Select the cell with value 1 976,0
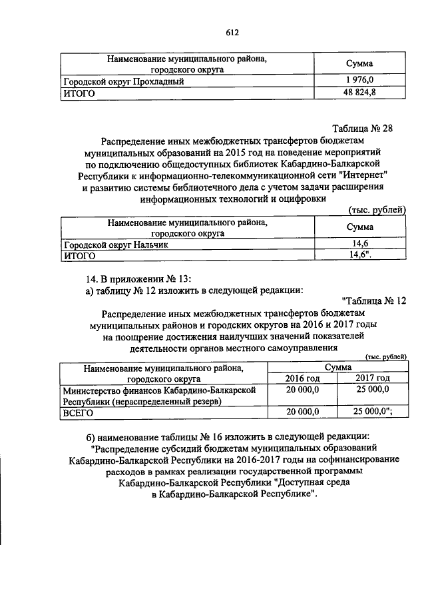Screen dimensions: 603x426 coord(359,81)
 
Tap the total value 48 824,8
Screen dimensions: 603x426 coord(359,93)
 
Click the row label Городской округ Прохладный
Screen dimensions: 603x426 coord(123,81)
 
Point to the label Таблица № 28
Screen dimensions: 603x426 coord(363,129)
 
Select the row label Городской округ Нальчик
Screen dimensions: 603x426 coord(115,245)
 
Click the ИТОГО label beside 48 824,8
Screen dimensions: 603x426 coord(79,94)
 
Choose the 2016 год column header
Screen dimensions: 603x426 coord(303,378)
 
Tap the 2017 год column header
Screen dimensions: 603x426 coord(373,378)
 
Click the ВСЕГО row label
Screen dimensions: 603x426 coord(79,413)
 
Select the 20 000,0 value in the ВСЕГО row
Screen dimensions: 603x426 coord(303,413)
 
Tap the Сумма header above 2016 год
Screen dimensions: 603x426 coord(338,366)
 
